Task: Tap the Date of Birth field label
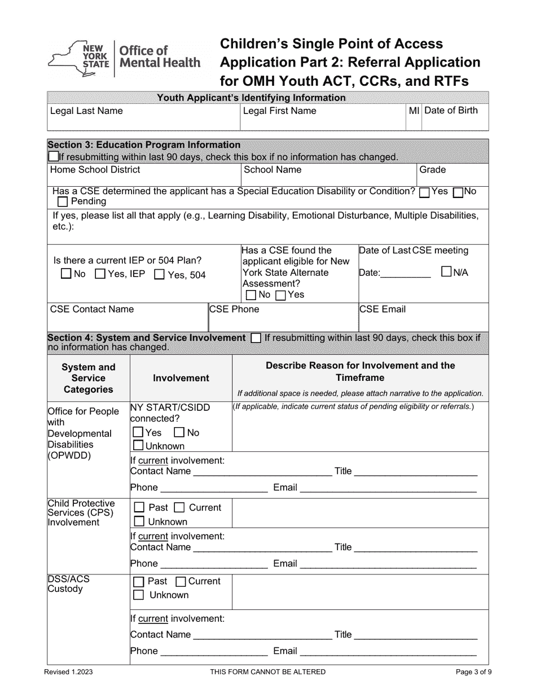[x=451, y=111]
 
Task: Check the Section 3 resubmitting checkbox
[x=53, y=157]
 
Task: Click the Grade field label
[x=432, y=170]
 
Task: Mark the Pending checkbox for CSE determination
[x=62, y=202]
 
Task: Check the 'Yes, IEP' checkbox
[x=100, y=275]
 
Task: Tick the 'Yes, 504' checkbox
[x=159, y=275]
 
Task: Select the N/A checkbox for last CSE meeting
[x=446, y=272]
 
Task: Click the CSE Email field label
[x=383, y=309]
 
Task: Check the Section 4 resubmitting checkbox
[x=255, y=338]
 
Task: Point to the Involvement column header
[x=181, y=378]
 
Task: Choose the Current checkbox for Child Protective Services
[x=179, y=508]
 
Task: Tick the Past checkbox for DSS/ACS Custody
[x=138, y=582]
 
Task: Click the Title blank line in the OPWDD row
[x=416, y=471]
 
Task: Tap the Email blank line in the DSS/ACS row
[x=388, y=651]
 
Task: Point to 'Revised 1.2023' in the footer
[x=68, y=672]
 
